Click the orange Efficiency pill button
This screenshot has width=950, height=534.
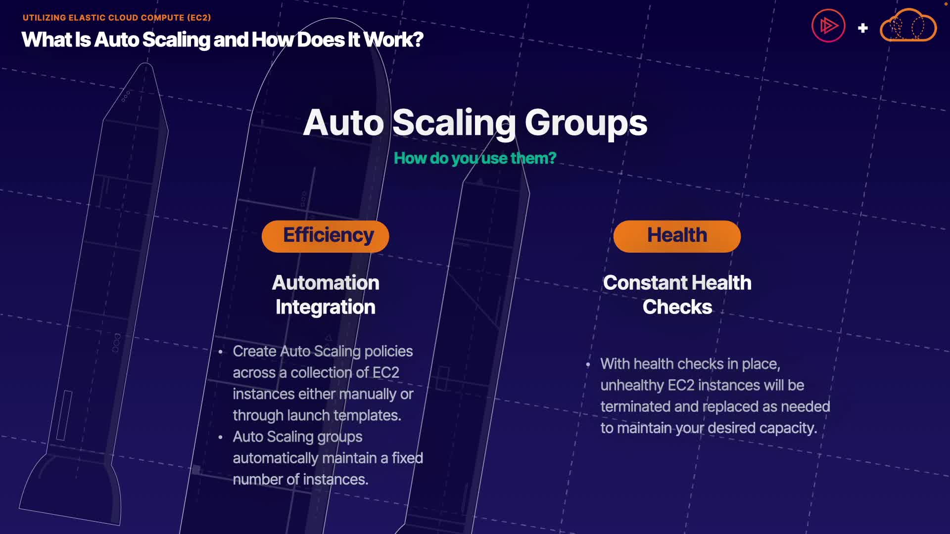tap(325, 236)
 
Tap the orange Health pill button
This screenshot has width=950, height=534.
tap(676, 236)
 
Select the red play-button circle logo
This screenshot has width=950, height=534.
tap(828, 26)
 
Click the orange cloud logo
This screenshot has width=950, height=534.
tap(908, 26)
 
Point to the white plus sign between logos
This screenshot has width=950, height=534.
tap(863, 28)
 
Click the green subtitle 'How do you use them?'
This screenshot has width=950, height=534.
tap(475, 158)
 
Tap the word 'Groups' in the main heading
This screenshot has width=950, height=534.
tap(586, 123)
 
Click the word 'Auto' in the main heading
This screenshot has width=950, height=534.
tap(343, 123)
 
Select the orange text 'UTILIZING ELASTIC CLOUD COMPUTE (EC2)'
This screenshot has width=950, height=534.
tap(117, 18)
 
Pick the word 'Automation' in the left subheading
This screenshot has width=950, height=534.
tap(326, 283)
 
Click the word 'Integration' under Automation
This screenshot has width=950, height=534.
tap(326, 307)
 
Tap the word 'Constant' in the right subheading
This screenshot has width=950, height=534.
tap(642, 283)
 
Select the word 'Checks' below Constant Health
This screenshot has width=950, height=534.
tap(677, 307)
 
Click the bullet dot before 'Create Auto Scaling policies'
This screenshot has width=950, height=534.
tap(221, 352)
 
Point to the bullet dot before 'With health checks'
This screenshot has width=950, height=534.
tap(588, 365)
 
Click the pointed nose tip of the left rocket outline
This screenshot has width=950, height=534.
tap(146, 64)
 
